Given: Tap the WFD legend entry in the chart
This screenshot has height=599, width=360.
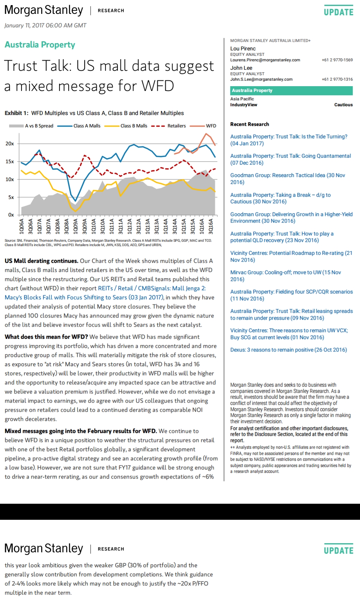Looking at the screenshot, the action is pyautogui.click(x=203, y=126).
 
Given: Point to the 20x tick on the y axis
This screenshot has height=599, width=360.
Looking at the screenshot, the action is pyautogui.click(x=9, y=143).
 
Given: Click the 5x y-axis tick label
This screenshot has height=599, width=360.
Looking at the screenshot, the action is pyautogui.click(x=11, y=197).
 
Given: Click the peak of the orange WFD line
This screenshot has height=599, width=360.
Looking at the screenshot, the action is pyautogui.click(x=206, y=134).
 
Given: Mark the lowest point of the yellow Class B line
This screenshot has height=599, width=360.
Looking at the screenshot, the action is pyautogui.click(x=76, y=211).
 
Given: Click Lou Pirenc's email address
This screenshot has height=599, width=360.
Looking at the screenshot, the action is pyautogui.click(x=265, y=60).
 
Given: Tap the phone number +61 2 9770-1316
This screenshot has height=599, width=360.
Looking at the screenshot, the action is pyautogui.click(x=337, y=79).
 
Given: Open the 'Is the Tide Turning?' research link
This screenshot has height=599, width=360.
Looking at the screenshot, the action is pyautogui.click(x=289, y=140).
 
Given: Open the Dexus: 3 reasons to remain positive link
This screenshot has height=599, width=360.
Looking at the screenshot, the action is pyautogui.click(x=289, y=350).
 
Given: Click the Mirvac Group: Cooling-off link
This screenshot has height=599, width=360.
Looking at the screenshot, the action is pyautogui.click(x=286, y=276).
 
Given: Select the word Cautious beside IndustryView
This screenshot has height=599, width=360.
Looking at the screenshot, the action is pyautogui.click(x=344, y=105).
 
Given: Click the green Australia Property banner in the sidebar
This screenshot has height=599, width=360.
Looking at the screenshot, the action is pyautogui.click(x=291, y=91).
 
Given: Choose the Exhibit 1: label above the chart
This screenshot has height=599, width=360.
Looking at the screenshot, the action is pyautogui.click(x=16, y=113).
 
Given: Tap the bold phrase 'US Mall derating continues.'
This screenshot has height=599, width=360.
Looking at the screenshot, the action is pyautogui.click(x=42, y=261).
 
